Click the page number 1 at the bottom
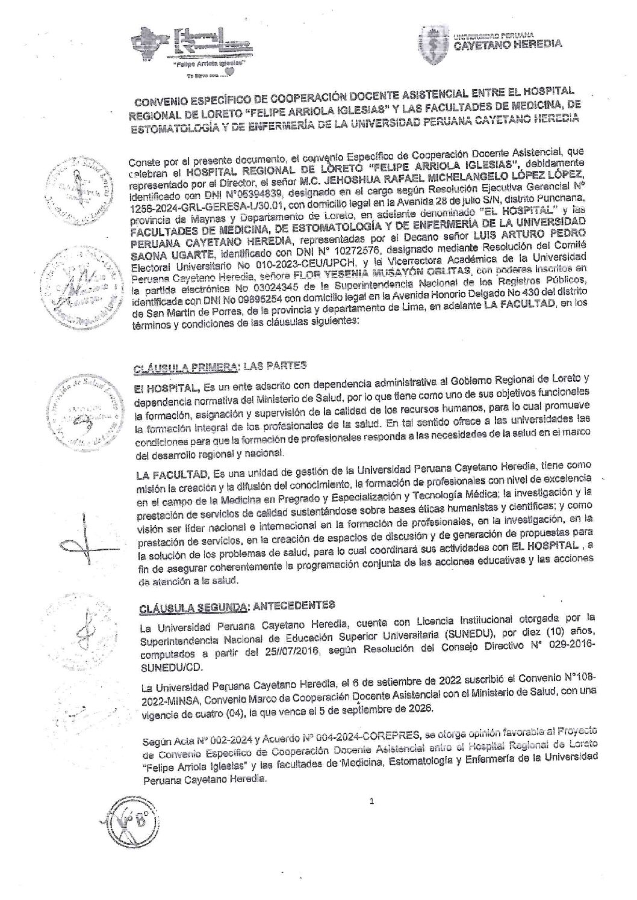372,801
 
